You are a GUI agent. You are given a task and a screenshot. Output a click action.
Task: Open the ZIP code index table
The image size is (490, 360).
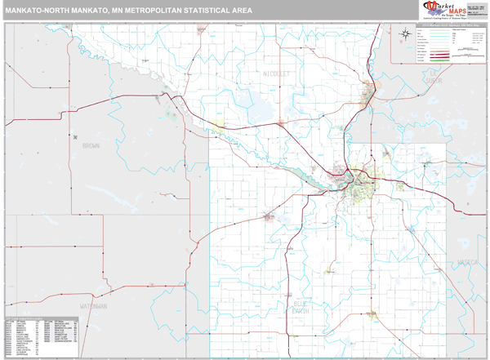click(42, 334)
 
